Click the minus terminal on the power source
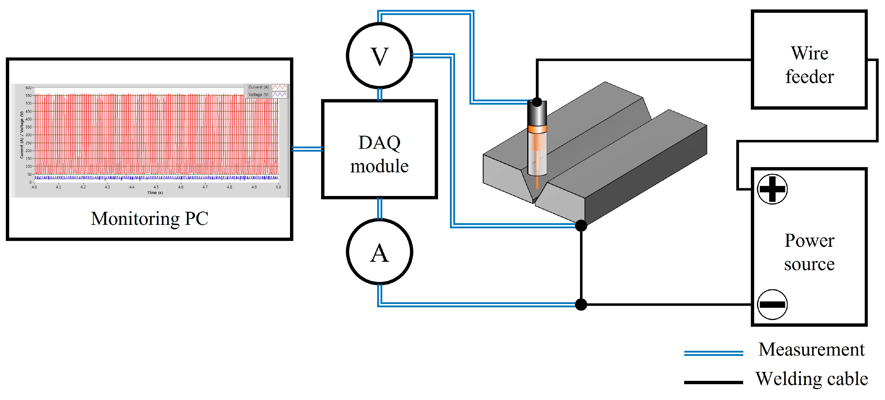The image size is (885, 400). coord(772,305)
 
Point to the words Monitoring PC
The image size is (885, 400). coord(149,219)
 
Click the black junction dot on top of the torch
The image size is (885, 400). coord(537,102)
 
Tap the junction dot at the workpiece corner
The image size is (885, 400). coord(581,226)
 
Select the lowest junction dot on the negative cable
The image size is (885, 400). coord(581,305)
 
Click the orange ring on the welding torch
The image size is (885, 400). coord(537,129)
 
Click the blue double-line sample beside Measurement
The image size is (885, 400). coord(714,353)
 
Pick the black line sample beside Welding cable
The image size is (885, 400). coord(714,382)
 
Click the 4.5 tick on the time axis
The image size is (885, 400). coord(156,187)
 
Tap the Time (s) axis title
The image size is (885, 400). coord(155,193)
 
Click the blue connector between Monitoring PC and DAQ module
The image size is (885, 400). coord(307,149)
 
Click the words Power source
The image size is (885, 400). coord(809,252)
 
